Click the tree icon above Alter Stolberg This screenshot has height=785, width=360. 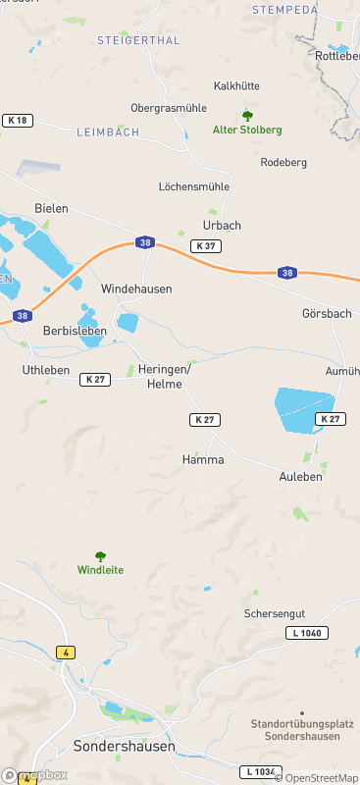coord(247,116)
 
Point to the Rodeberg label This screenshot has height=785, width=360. coord(284,162)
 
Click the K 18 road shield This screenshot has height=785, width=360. coord(18,120)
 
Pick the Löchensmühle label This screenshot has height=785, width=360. coord(194,185)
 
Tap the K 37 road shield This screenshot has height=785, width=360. coord(206,245)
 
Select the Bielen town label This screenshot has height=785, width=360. coord(51,208)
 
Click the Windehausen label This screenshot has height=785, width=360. coord(136,289)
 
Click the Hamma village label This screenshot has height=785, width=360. coord(203,459)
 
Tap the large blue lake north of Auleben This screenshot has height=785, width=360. coord(302,410)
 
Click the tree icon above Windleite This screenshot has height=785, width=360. coord(100,556)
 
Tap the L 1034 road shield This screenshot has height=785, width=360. coord(260,771)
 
